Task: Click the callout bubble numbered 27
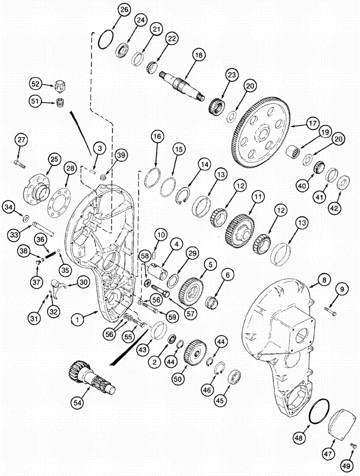tap(20, 140)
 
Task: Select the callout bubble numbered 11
tap(258, 196)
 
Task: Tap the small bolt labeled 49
tap(353, 446)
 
